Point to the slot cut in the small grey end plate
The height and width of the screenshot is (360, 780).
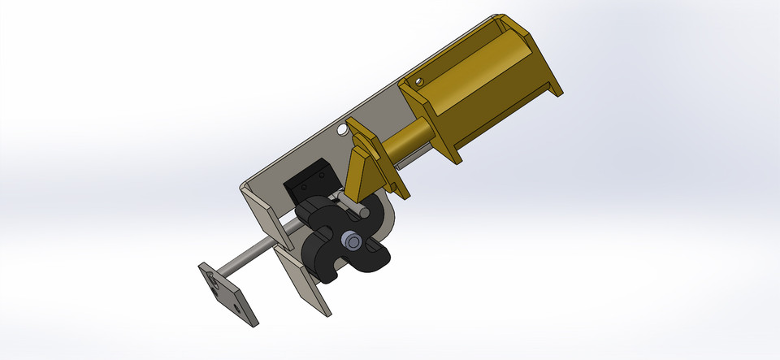(214, 281)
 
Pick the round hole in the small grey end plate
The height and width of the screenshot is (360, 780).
(236, 307)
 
